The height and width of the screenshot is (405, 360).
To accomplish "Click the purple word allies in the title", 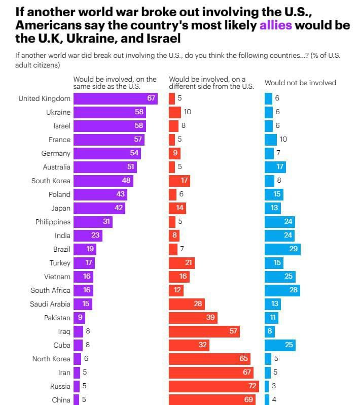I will pos(275,25).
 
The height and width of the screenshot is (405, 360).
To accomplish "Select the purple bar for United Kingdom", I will pos(115,98).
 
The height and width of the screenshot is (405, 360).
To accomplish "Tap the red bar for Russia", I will pos(213,386).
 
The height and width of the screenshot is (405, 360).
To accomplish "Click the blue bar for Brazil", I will pos(282,249).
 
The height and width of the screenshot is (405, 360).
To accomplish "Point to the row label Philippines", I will pos(53,222).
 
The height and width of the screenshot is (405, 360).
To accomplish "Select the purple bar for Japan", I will pos(99,208).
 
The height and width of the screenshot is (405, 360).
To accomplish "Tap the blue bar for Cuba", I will pos(280,345).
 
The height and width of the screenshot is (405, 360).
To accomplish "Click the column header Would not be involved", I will pos(300,83).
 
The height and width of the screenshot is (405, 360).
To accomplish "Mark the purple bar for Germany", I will pos(107,153).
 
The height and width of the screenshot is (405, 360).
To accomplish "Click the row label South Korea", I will pos(51,181).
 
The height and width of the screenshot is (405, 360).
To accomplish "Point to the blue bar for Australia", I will pos(275,166).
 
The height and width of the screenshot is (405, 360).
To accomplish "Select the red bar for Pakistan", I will pos(193,318).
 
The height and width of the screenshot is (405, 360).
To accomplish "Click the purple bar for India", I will pos(88,235).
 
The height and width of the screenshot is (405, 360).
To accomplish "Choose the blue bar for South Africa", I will pos(282,290).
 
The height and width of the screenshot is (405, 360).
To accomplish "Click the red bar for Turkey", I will pos(182,263).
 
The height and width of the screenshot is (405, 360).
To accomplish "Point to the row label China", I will pos(61,400).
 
